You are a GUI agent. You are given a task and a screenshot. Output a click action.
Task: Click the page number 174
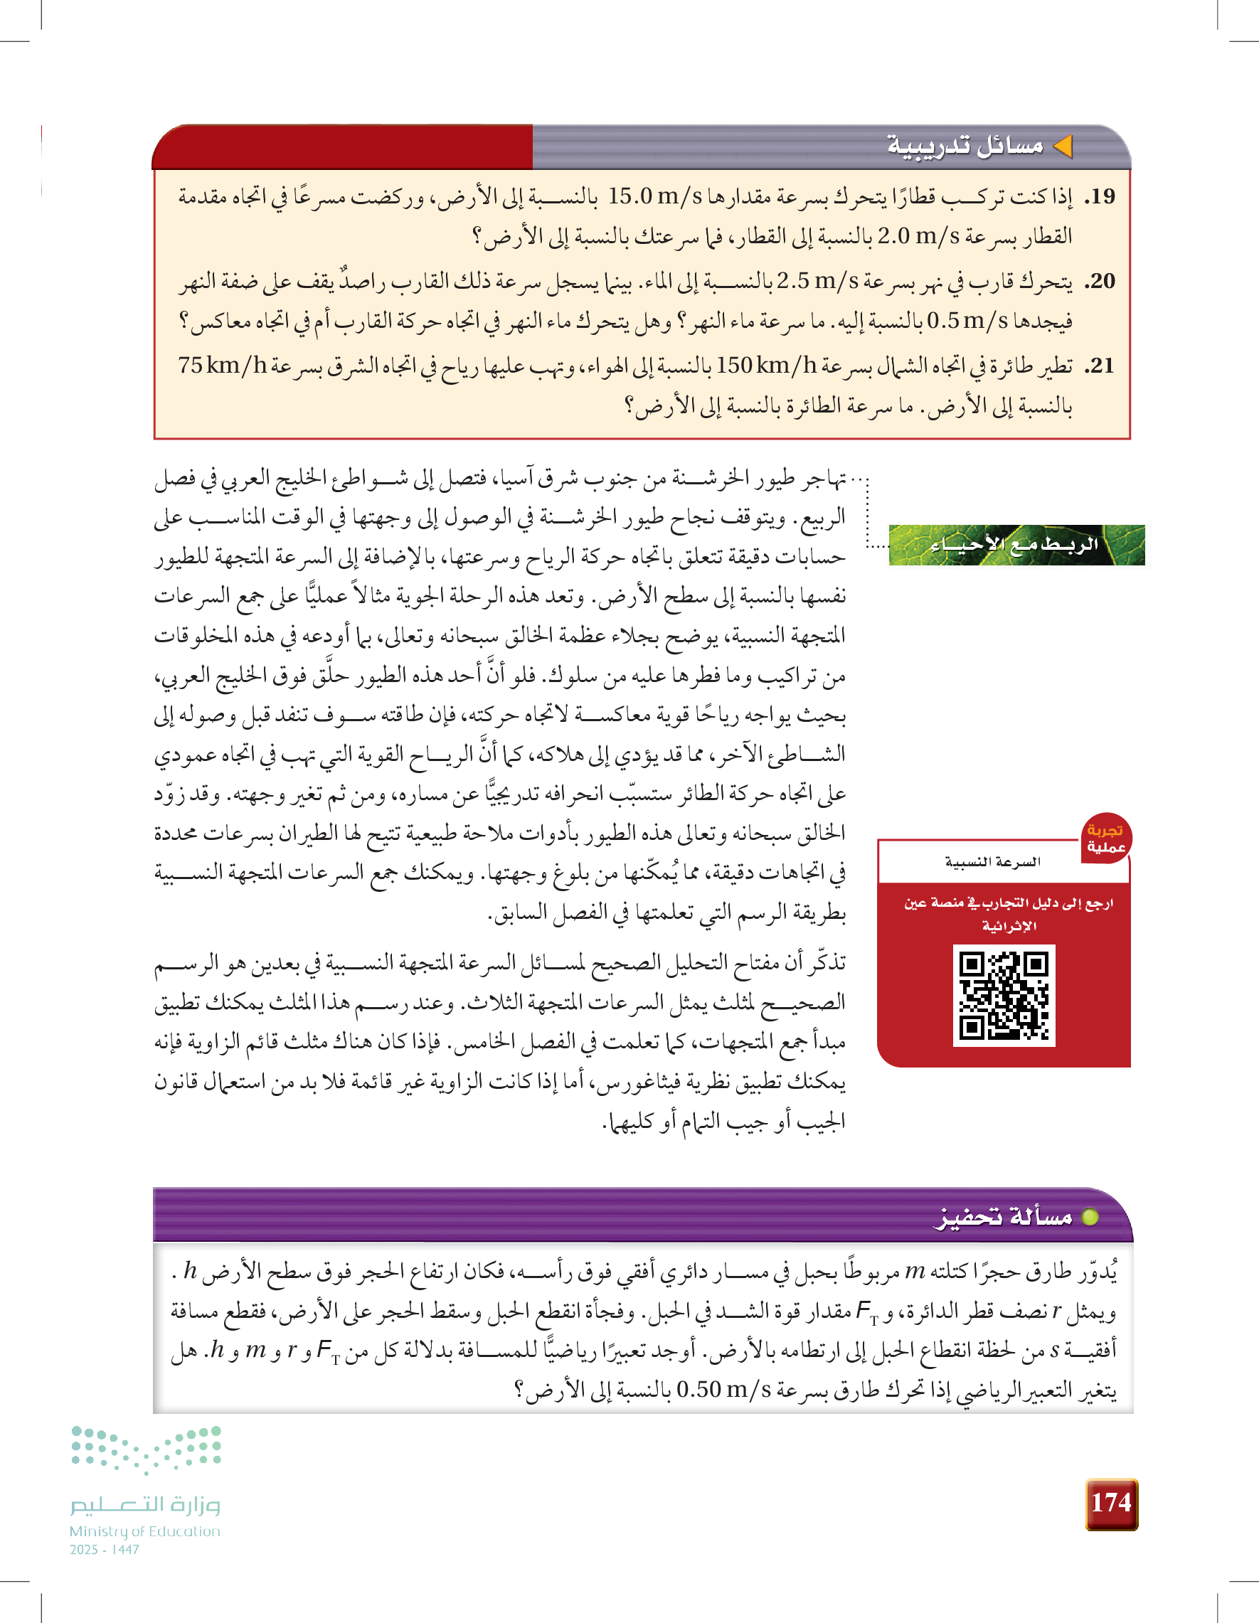[x=1111, y=1503]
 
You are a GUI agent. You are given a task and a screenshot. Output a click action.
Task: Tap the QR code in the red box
[x=1004, y=995]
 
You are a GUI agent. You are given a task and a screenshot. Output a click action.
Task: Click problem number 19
[x=1100, y=197]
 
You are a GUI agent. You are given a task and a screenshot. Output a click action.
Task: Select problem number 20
[x=1100, y=282]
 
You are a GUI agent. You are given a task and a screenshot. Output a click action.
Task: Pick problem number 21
[x=1100, y=366]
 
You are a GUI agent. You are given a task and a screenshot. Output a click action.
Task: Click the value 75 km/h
[x=221, y=366]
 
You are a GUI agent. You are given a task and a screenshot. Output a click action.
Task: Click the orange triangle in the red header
[x=1063, y=147]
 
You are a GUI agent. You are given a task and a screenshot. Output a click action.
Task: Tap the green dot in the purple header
[x=1090, y=1218]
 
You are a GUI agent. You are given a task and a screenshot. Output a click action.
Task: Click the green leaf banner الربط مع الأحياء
[x=1016, y=545]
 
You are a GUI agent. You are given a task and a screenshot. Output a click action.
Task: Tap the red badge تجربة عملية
[x=1105, y=839]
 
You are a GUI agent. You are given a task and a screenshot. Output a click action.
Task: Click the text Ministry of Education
[x=145, y=1531]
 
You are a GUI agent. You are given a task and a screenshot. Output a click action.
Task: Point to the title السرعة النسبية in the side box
[x=992, y=862]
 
